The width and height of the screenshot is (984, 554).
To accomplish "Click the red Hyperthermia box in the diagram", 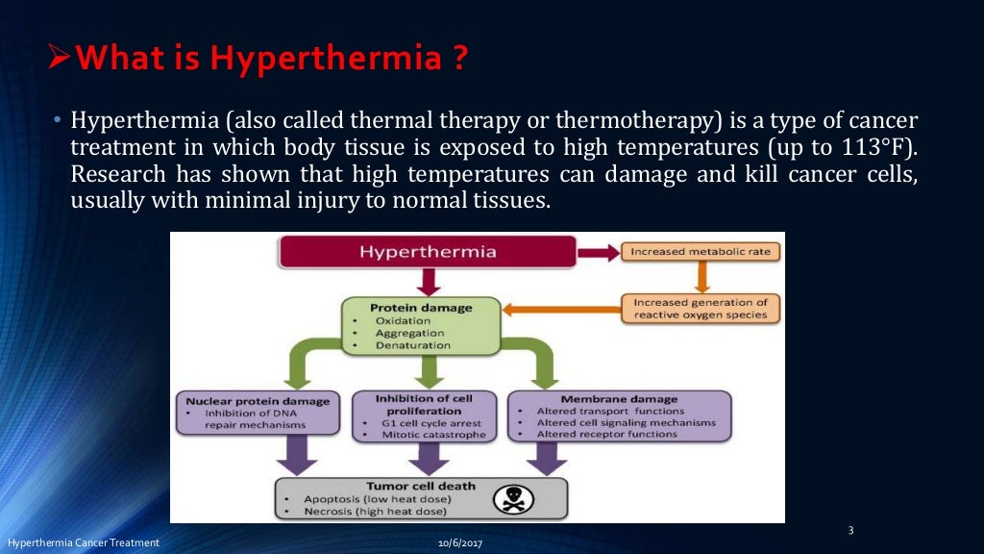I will click(x=428, y=252).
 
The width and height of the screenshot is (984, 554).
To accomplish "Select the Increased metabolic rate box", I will click(x=701, y=252).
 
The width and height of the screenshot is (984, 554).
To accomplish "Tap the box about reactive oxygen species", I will click(x=701, y=309).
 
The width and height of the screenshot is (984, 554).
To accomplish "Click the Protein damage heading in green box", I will click(x=421, y=308).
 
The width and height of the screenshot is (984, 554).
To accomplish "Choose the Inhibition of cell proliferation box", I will click(x=424, y=415).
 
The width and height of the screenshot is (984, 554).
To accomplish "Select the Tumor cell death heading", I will click(x=421, y=486).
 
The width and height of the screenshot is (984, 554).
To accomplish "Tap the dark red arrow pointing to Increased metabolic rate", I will click(x=598, y=252).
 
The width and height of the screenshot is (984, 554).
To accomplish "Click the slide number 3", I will click(x=850, y=530).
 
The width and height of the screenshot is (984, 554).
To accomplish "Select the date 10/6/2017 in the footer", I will click(x=458, y=544).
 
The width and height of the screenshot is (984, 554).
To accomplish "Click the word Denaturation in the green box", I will click(x=413, y=344).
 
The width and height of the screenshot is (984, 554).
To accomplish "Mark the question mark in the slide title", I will click(x=459, y=60).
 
